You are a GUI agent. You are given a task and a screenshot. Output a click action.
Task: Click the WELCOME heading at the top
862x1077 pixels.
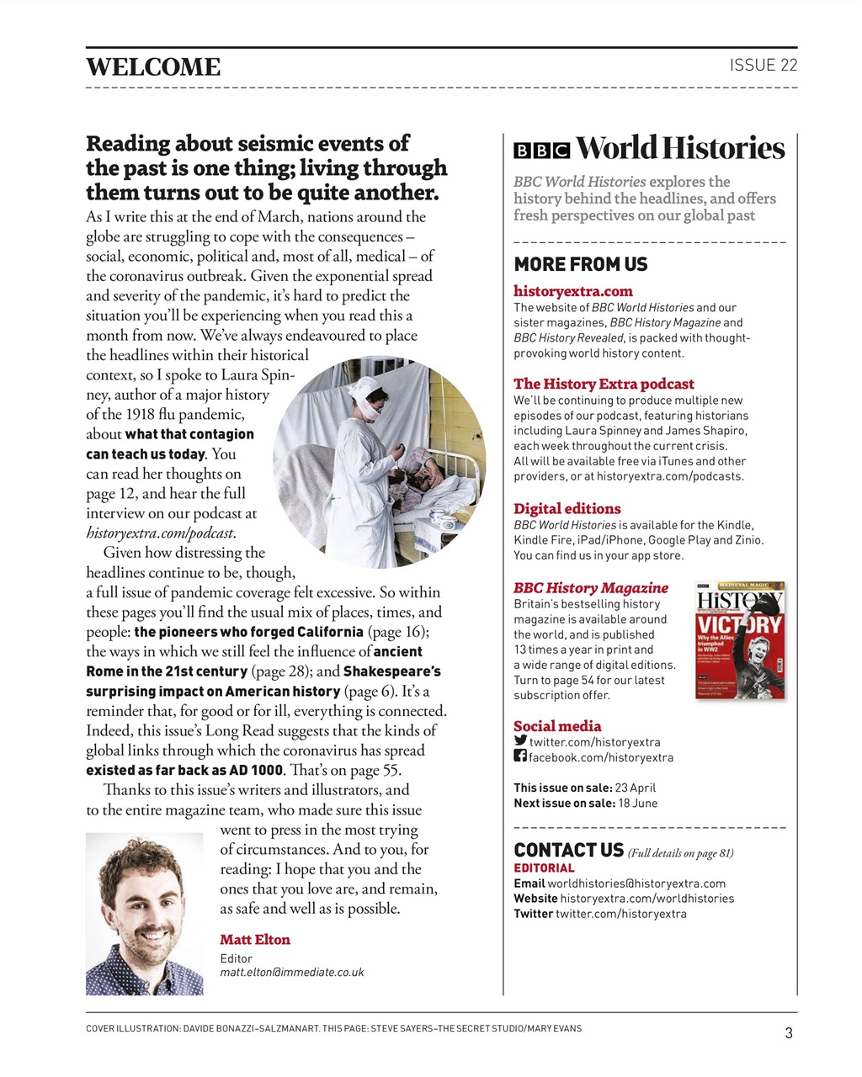pyautogui.click(x=153, y=67)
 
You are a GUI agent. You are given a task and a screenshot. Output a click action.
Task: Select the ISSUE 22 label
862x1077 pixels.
pyautogui.click(x=763, y=66)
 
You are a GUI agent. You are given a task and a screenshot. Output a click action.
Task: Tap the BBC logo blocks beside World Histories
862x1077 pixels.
pyautogui.click(x=541, y=151)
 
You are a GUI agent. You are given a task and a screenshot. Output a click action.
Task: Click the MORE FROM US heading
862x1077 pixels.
pyautogui.click(x=581, y=264)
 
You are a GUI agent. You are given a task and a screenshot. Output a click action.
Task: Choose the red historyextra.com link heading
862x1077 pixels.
pyautogui.click(x=573, y=291)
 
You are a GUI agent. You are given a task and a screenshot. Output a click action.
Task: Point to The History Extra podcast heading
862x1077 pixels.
pyautogui.click(x=604, y=384)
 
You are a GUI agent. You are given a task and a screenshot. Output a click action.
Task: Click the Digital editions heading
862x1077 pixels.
pyautogui.click(x=567, y=508)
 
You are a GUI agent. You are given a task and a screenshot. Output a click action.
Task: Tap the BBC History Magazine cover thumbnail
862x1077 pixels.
pyautogui.click(x=741, y=639)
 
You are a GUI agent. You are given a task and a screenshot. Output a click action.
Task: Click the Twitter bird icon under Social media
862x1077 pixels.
pyautogui.click(x=520, y=741)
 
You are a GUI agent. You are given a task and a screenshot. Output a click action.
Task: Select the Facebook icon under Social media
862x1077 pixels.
pyautogui.click(x=520, y=756)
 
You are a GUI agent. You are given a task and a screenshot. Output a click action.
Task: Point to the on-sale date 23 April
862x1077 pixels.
pyautogui.click(x=636, y=788)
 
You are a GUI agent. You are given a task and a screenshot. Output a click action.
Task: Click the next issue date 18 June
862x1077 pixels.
pyautogui.click(x=638, y=803)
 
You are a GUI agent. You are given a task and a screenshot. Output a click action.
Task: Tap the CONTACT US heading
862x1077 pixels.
pyautogui.click(x=569, y=850)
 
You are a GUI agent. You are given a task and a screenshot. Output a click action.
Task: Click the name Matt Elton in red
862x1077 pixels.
pyautogui.click(x=255, y=940)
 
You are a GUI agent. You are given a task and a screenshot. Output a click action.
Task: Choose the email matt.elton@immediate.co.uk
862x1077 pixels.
pyautogui.click(x=292, y=972)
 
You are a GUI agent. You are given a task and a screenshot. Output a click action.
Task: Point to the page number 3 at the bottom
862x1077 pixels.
pyautogui.click(x=788, y=1033)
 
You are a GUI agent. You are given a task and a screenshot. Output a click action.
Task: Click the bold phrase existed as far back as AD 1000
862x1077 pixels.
pyautogui.click(x=184, y=770)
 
